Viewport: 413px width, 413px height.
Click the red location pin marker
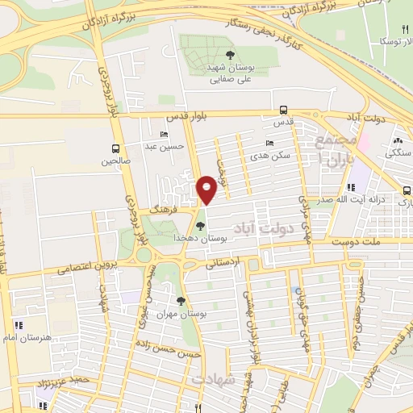[x=206, y=191]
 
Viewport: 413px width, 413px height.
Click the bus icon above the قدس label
[x=283, y=110]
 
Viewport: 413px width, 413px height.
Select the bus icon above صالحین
[x=116, y=148]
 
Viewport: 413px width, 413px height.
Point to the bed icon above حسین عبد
[x=165, y=135]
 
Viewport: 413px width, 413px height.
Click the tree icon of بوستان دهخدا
[x=200, y=226]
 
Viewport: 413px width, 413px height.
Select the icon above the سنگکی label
[x=397, y=141]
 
